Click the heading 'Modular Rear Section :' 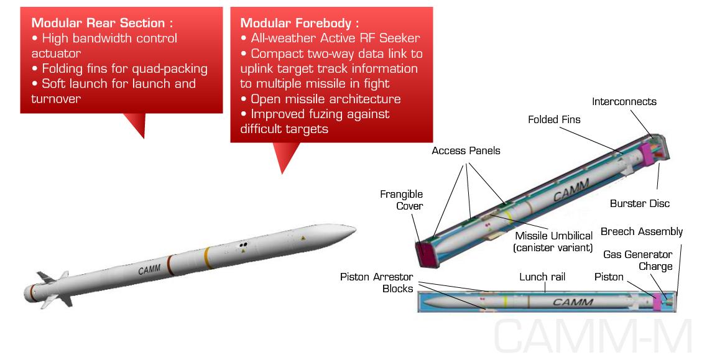102,23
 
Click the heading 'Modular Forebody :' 299,23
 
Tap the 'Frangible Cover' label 401,200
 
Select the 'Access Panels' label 466,150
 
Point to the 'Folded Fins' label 554,119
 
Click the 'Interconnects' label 624,101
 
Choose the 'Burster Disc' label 640,203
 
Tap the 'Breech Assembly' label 642,232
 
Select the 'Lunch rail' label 542,277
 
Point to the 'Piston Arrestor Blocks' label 376,283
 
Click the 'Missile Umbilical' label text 553,236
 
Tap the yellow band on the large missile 208,258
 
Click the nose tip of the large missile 355,229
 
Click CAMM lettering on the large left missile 149,270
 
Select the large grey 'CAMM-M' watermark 593,336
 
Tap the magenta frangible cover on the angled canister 425,254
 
